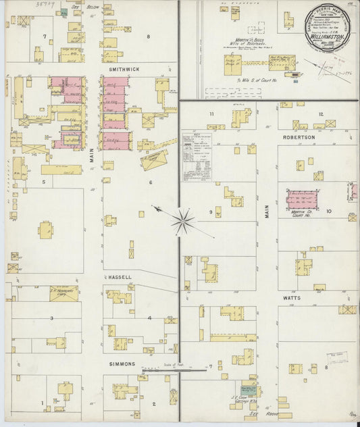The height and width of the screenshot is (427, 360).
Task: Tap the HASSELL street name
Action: tap(118, 277)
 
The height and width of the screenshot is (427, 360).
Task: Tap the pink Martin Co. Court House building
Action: tap(302, 200)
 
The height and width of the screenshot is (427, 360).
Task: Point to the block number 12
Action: tap(320, 114)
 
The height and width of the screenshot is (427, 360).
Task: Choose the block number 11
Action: tap(211, 114)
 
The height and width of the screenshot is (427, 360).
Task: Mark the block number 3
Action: tap(51, 317)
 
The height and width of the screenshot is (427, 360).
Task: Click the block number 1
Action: tap(42, 403)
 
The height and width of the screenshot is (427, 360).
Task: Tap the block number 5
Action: tap(43, 182)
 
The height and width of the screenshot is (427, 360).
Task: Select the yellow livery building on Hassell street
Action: tap(63, 293)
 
